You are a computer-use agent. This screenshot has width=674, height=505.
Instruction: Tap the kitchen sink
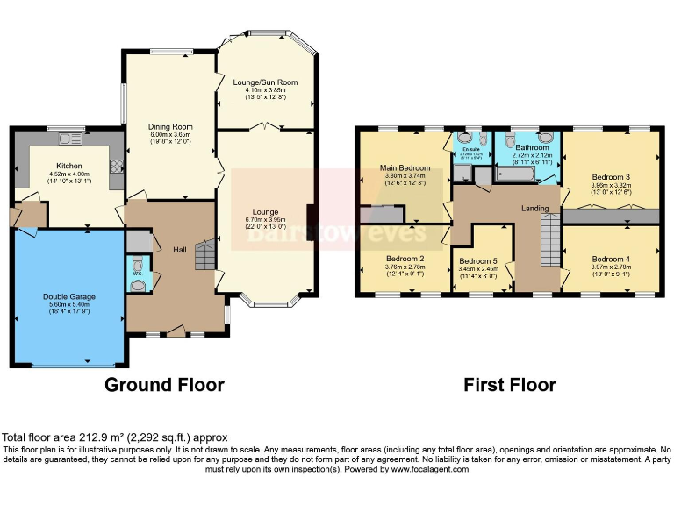[x=69, y=139]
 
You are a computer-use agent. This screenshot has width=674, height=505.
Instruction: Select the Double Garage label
[x=69, y=297]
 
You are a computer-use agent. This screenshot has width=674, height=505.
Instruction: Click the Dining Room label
[x=169, y=126]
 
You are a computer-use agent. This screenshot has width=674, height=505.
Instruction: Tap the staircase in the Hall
[x=204, y=256]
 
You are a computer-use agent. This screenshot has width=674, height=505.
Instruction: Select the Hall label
[x=179, y=250]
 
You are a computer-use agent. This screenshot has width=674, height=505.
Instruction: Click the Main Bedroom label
[x=405, y=167]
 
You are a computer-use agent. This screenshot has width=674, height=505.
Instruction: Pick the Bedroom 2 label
[x=405, y=259]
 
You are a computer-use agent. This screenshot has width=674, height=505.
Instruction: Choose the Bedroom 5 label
[x=478, y=261]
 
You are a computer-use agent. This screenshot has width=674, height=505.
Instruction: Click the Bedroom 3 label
[x=610, y=178]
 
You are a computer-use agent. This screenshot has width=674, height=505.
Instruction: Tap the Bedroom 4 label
[x=610, y=260]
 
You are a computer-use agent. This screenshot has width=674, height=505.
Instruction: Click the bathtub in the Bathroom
[x=523, y=174]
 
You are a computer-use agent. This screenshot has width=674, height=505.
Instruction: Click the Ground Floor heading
[x=164, y=384]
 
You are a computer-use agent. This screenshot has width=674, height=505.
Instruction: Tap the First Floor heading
[x=510, y=384]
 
